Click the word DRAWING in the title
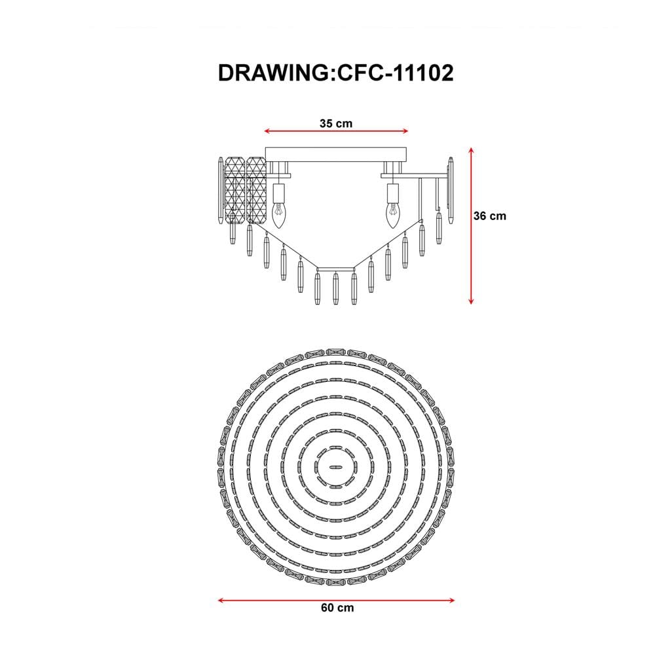coord(274,73)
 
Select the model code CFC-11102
coord(395,73)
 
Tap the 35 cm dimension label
coord(336,124)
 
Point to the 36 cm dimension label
coord(489,216)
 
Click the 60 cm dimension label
coord(337,608)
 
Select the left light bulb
coord(278,215)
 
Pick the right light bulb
coord(392,215)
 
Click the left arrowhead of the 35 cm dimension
coord(267,131)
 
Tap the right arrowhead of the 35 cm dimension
coord(405,131)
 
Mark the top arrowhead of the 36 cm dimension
coord(471,151)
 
